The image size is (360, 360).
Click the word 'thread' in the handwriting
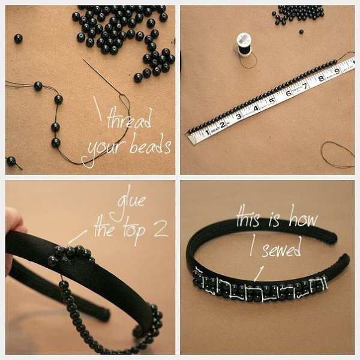point(130,118)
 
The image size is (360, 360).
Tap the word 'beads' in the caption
point(151,144)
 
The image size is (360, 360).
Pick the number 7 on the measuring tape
point(305,86)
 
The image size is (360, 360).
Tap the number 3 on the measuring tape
point(239,116)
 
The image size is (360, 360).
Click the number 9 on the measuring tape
point(337,71)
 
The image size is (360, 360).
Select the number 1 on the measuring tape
point(207,133)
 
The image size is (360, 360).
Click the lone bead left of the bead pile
point(18,38)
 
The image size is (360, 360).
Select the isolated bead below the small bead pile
point(301,31)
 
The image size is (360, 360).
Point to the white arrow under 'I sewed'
point(259,273)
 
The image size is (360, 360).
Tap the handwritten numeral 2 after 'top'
point(161,229)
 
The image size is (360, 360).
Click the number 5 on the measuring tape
point(272,101)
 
